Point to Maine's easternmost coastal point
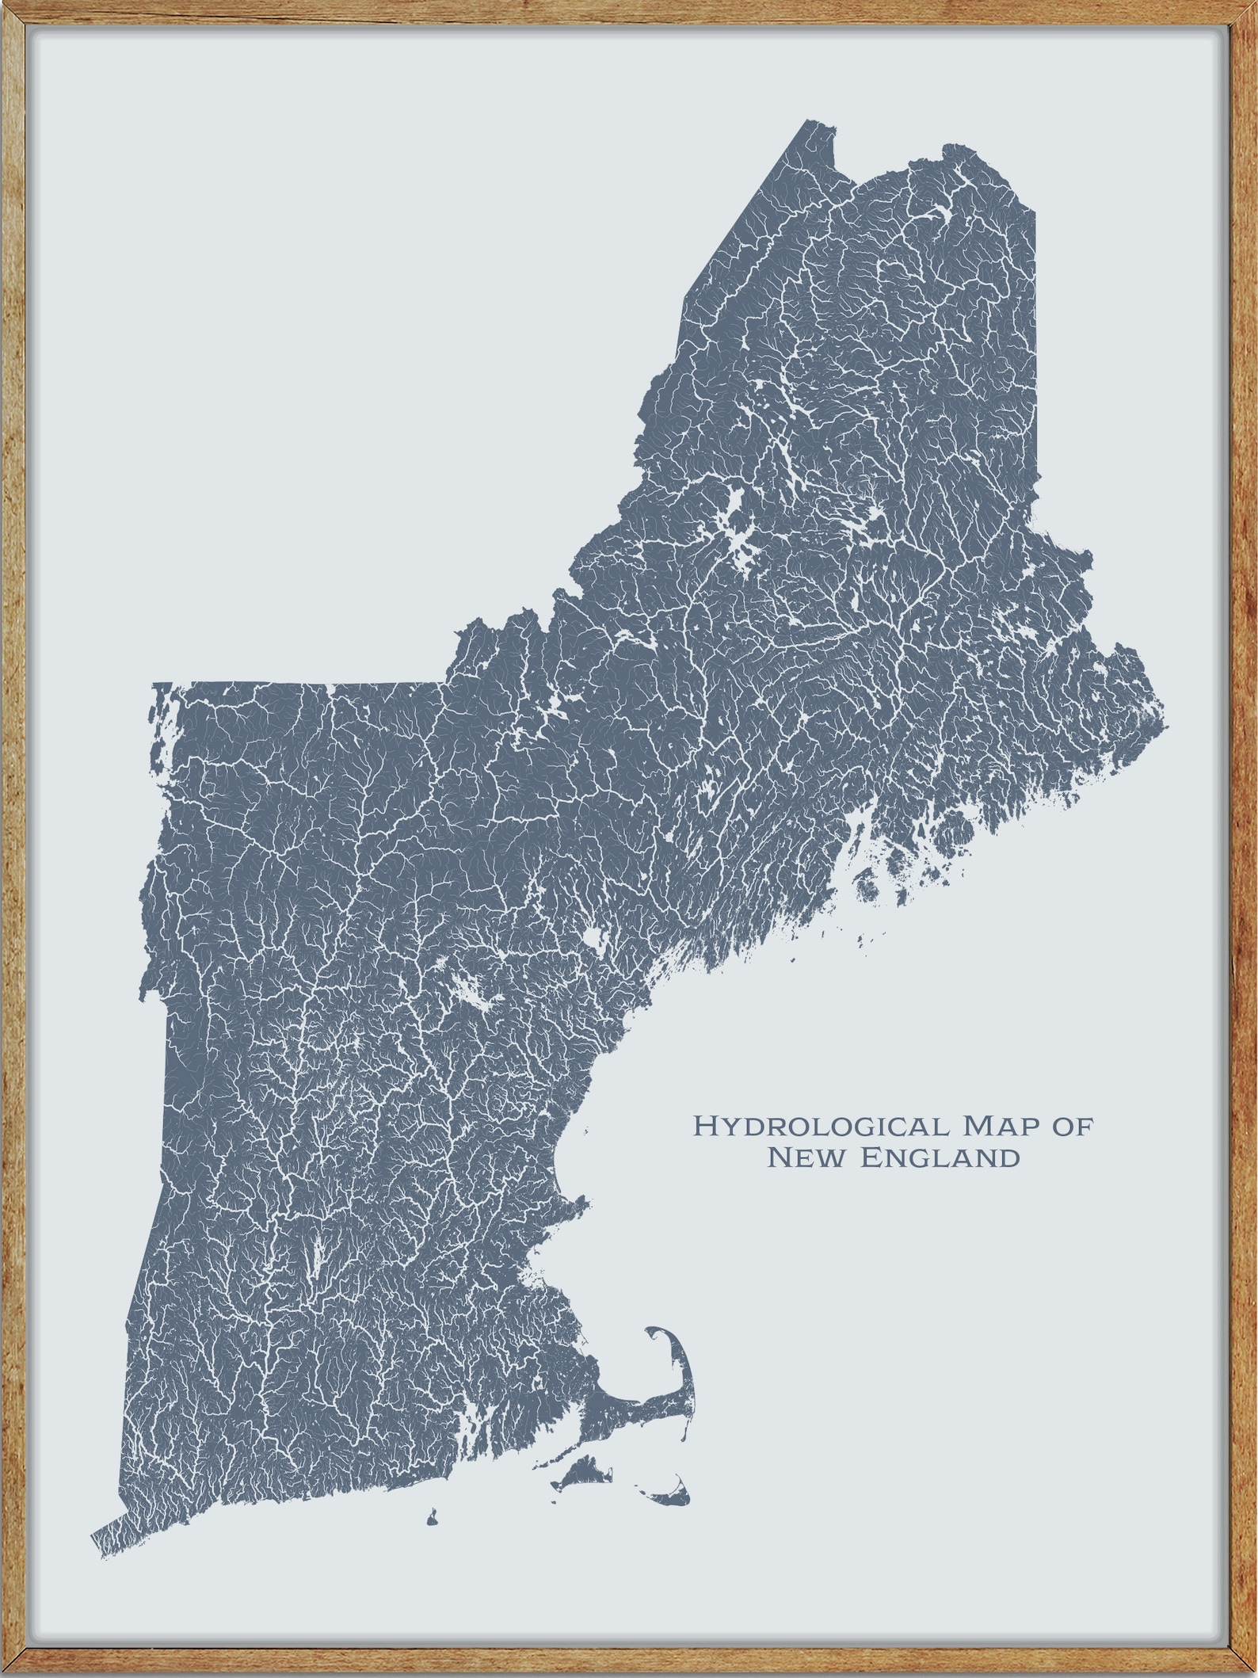click(x=1165, y=723)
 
